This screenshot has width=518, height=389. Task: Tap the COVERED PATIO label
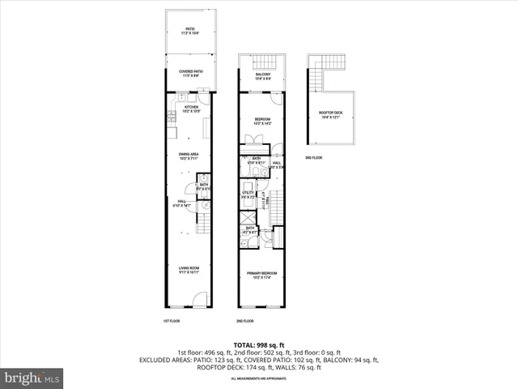[191, 72]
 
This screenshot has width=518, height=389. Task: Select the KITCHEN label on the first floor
[191, 109]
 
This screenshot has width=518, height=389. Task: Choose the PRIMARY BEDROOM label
[261, 276]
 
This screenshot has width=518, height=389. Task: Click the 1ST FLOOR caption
[172, 321]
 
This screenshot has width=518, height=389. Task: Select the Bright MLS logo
[32, 377]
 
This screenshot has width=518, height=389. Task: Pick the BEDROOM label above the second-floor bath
[261, 122]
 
